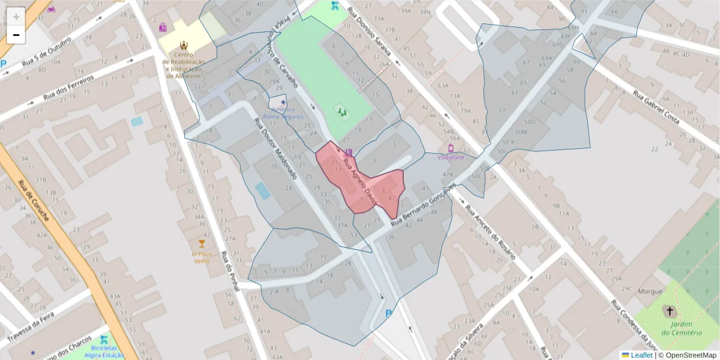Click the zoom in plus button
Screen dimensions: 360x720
pyautogui.click(x=16, y=16)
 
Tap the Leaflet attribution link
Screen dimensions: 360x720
pyautogui.click(x=641, y=355)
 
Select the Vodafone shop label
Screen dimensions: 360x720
pyautogui.click(x=451, y=157)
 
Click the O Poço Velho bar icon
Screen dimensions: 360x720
pyautogui.click(x=202, y=244)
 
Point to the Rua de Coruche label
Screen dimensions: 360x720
pyautogui.click(x=33, y=201)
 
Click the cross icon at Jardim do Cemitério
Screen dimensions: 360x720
pyautogui.click(x=668, y=311)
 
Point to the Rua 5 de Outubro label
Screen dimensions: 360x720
pyautogui.click(x=46, y=53)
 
